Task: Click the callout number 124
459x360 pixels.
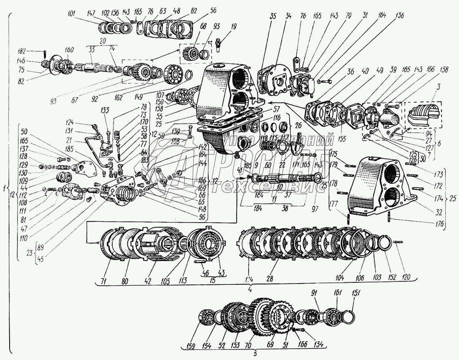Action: (x=69, y=122)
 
